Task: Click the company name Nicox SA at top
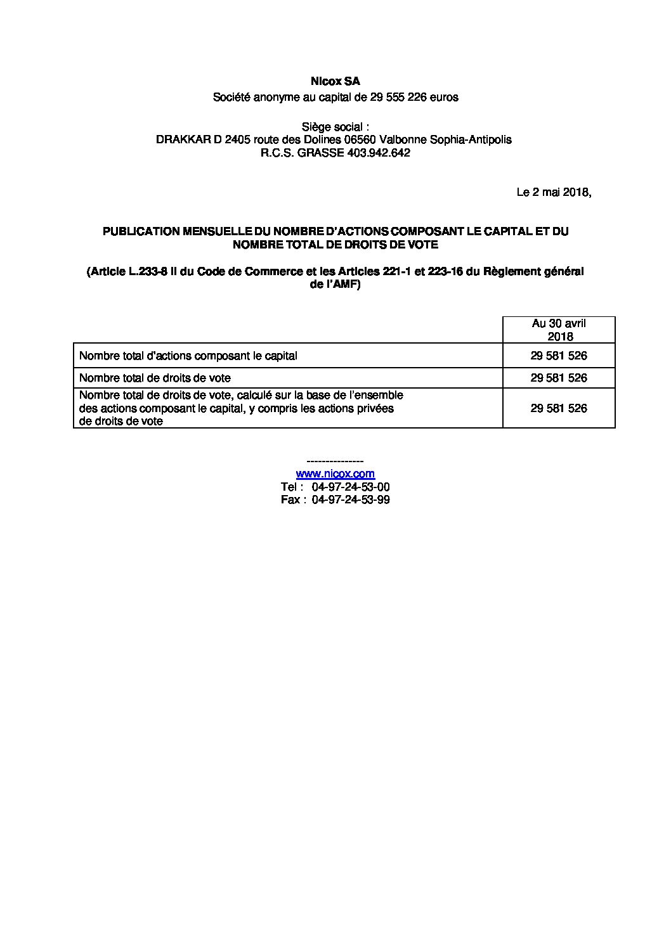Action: tap(335, 82)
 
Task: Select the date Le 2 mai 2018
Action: tap(553, 192)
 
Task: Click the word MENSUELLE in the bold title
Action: tap(218, 232)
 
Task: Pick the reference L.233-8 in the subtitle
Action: tap(149, 272)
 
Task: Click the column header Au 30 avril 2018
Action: tap(559, 330)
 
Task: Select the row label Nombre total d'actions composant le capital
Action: tap(188, 356)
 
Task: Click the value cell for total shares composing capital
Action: tap(559, 356)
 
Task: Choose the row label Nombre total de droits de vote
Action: tap(155, 378)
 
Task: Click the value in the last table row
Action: tap(559, 408)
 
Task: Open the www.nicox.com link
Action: tap(335, 474)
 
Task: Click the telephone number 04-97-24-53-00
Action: tap(351, 487)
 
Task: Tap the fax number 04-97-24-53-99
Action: tap(351, 500)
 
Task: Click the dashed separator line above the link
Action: tap(335, 462)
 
